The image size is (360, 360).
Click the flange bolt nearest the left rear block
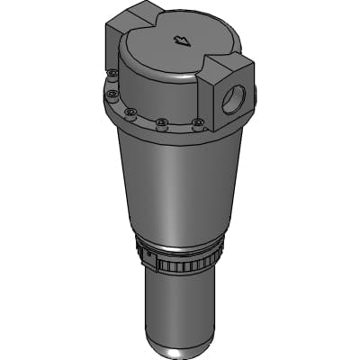pos(112,74)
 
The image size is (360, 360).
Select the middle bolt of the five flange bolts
pos(130,112)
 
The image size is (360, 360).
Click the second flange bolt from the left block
pos(112,93)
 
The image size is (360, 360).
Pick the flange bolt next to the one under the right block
pos(161,123)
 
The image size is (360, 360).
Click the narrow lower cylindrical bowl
pos(180,306)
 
